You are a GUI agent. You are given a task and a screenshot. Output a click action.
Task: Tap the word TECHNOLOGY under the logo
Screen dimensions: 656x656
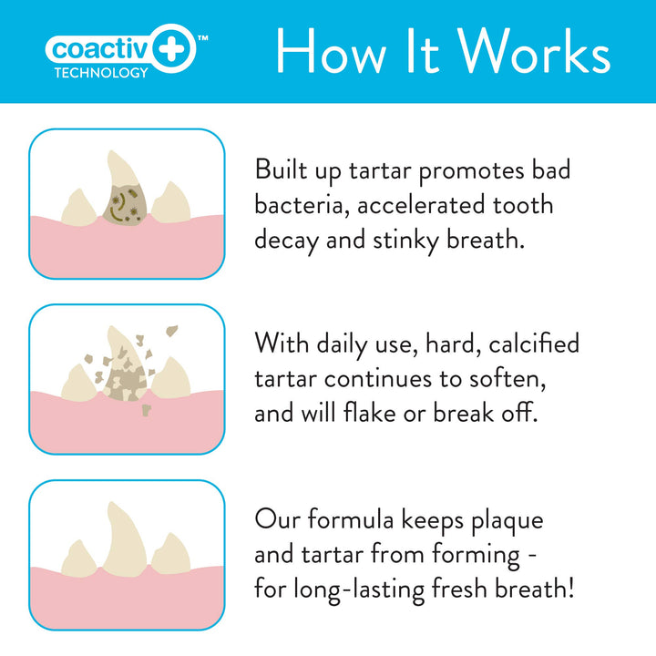tap(100, 73)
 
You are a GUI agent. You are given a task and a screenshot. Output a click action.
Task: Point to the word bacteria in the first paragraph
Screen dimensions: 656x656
tap(301, 204)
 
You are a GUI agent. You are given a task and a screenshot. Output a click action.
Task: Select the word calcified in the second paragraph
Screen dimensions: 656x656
tap(534, 343)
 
